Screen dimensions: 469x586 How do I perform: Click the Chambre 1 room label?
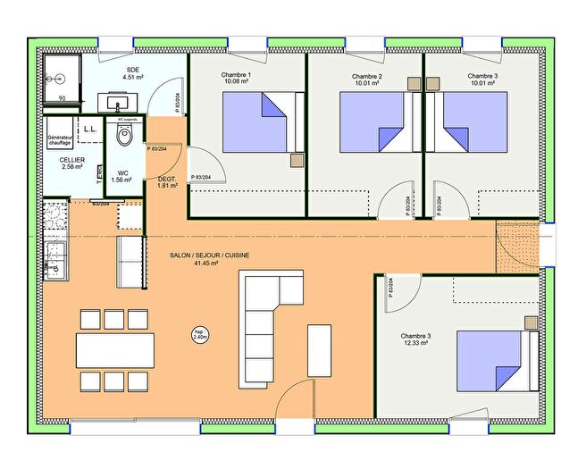click(237, 75)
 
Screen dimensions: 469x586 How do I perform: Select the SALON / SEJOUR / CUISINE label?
click(209, 255)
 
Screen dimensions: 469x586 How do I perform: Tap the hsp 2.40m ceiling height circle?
click(200, 335)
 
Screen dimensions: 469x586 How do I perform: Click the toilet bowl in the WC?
click(124, 134)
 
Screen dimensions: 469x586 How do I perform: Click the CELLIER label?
click(73, 159)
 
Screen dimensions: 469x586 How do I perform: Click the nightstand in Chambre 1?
click(297, 161)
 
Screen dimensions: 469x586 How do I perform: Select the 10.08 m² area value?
click(237, 84)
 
